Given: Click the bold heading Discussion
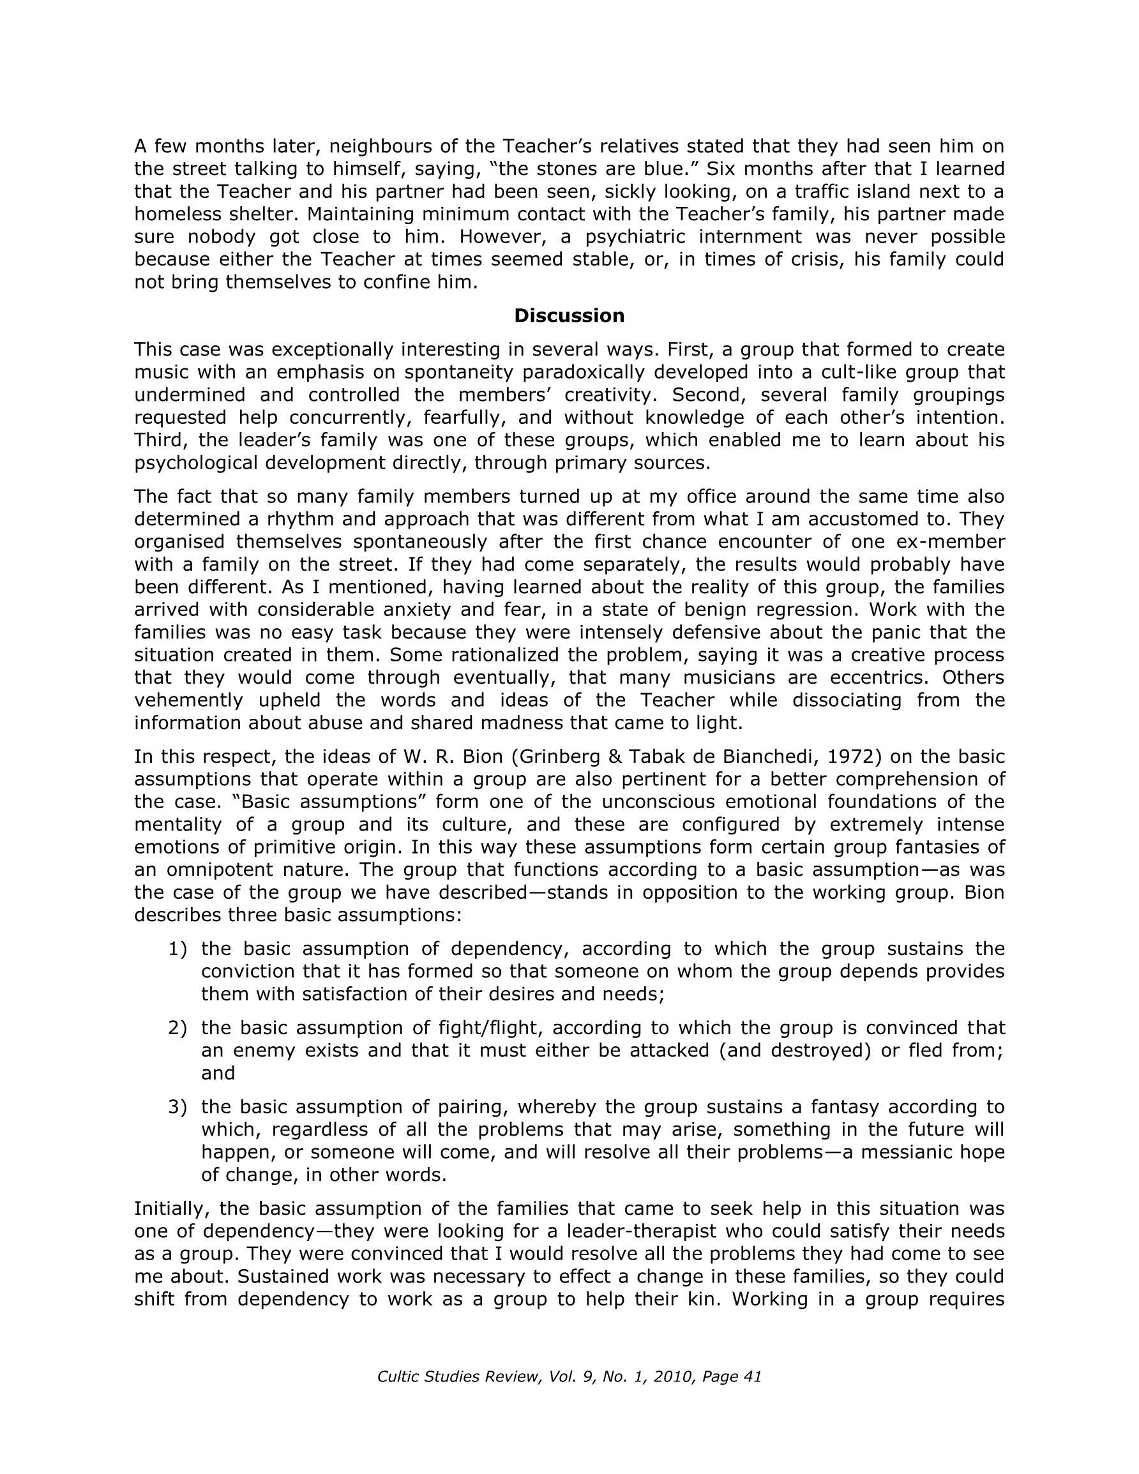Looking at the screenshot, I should (x=569, y=316).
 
